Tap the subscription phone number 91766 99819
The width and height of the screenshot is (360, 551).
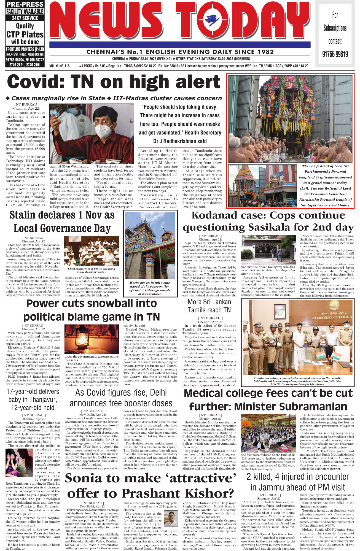tap(335, 54)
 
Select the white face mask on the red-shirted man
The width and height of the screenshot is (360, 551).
tap(101, 129)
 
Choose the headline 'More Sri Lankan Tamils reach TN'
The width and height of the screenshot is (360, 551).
tap(209, 306)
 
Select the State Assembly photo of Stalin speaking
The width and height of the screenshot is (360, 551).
tap(92, 251)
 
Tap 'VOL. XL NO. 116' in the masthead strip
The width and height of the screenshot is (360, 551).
tap(60, 66)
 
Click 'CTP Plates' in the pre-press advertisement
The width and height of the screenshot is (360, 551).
tap(25, 34)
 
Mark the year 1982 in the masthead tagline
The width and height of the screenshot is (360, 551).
tap(265, 52)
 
